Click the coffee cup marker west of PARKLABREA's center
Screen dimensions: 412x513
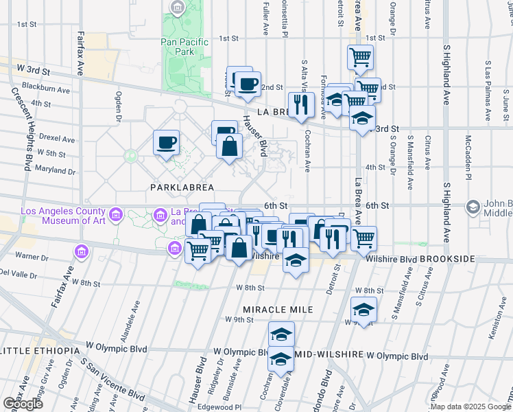point(166,144)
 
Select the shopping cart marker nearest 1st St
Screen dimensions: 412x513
point(360,57)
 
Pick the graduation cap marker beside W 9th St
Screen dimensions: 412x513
point(363,309)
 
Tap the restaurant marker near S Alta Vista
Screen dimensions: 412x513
point(301,104)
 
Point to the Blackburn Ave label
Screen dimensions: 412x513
point(46,89)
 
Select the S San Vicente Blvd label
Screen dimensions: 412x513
point(114,380)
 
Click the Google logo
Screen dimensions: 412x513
point(22,404)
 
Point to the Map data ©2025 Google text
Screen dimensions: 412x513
point(470,407)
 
